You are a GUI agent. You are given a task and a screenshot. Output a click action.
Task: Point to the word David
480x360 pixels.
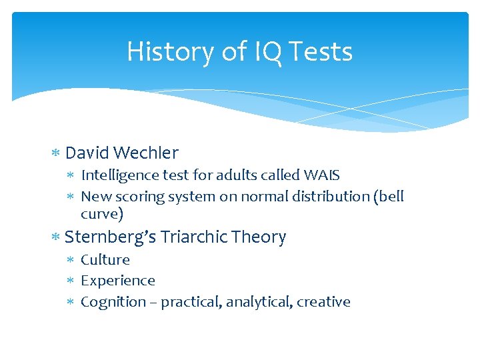tap(87, 153)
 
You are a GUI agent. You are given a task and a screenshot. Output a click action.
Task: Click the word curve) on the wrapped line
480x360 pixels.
tap(102, 214)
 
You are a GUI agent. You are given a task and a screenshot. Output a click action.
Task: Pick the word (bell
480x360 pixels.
tap(389, 197)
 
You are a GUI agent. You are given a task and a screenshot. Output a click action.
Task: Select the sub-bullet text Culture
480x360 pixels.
tap(105, 259)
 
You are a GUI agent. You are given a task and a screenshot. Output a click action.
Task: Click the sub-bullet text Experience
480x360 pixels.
tap(118, 281)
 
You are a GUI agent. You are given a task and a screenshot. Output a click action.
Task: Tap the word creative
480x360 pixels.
tap(323, 302)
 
